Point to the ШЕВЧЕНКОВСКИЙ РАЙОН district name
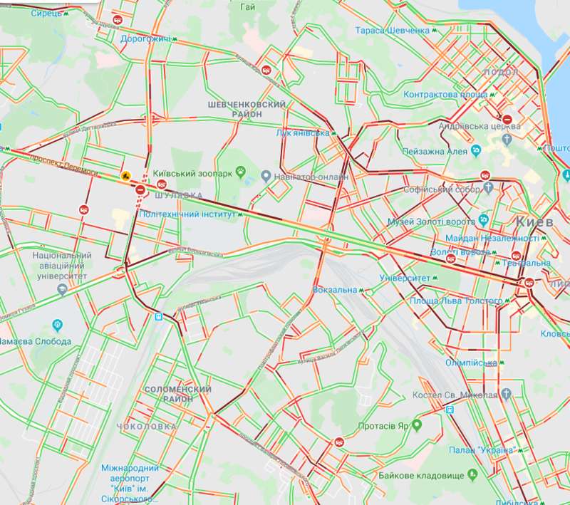(x=247, y=111)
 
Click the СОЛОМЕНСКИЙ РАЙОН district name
(x=177, y=395)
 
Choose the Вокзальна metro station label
(x=335, y=290)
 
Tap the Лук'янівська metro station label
(x=303, y=132)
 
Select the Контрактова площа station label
(x=445, y=95)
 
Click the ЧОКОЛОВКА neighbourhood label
(x=150, y=426)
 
